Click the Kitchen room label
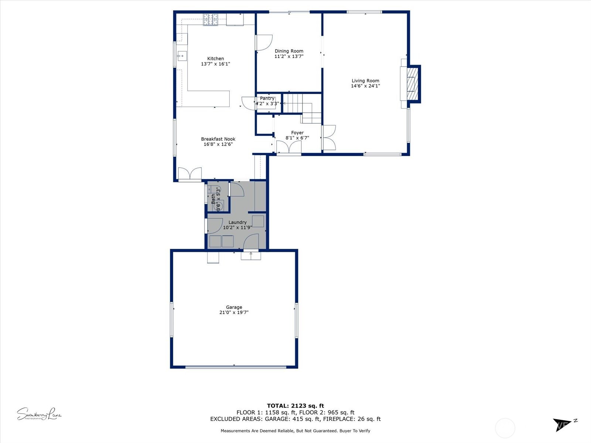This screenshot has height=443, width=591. tap(215, 58)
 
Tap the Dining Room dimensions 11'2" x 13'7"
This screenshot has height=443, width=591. tap(289, 56)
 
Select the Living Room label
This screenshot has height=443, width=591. tap(365, 80)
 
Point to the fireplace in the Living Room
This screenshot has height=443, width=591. tap(412, 84)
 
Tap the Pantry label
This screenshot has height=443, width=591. tap(267, 98)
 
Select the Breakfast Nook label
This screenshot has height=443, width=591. tap(218, 139)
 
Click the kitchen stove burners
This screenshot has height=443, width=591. tap(211, 20)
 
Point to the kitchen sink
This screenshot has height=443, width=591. tap(182, 56)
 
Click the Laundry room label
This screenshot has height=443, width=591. tap(237, 222)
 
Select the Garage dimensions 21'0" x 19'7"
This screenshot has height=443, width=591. tap(234, 312)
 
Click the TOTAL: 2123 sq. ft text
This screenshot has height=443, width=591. tap(295, 406)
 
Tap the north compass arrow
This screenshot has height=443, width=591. tap(561, 424)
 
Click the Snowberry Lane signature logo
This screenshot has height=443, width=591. tap(39, 414)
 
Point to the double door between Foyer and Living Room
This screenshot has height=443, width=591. tap(329, 138)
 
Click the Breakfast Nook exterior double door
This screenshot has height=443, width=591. tap(190, 174)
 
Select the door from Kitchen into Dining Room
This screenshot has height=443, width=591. tap(264, 42)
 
